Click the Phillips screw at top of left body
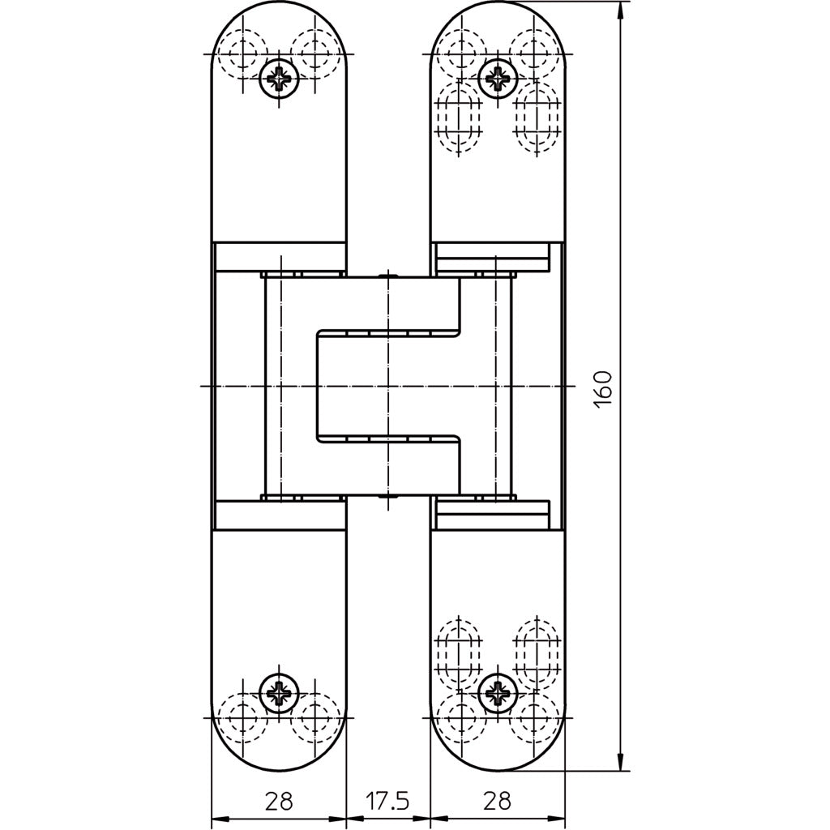click(x=280, y=79)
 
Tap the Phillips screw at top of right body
click(x=497, y=79)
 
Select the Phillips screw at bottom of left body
click(x=280, y=692)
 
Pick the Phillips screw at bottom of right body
click(x=497, y=692)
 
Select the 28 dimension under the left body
click(x=279, y=802)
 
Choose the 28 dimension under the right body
click(x=497, y=802)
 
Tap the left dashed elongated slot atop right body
click(x=459, y=118)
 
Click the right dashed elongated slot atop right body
click(x=536, y=118)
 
